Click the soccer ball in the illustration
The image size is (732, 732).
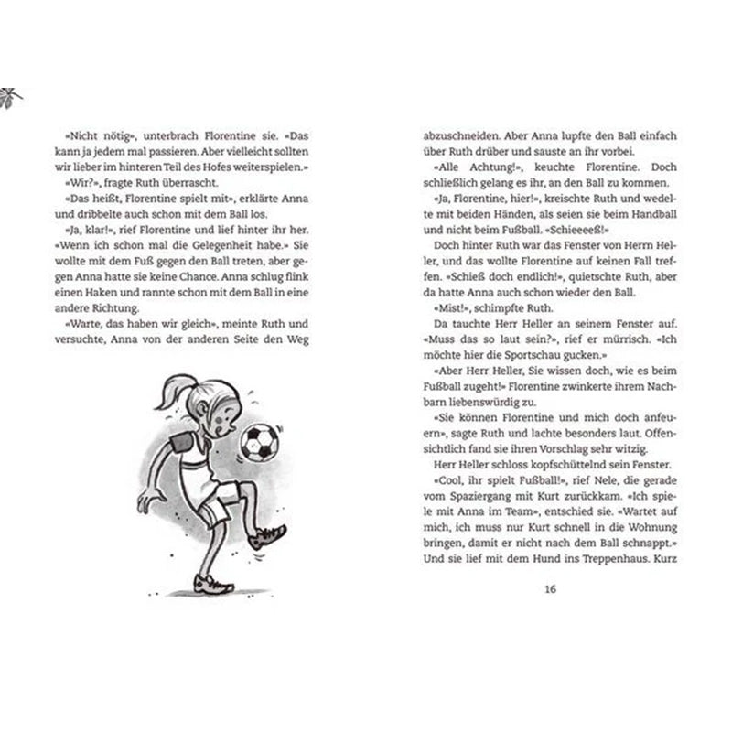259,441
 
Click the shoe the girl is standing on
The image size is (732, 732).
211,583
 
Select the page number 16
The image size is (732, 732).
549,588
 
